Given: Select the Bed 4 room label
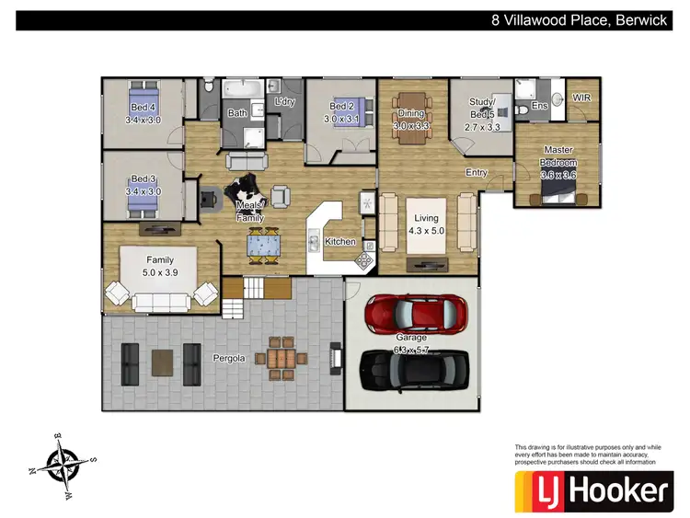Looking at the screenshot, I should point(143,114).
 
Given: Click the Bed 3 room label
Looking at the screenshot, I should point(143,185).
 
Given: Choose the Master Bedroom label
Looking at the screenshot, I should point(558,156).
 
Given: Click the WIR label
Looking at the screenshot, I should point(581,97).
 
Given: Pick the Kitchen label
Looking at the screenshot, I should point(339,242).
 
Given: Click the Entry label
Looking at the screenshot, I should point(476,172).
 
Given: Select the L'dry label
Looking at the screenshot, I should point(284,102).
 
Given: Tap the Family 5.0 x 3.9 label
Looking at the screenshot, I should point(161,267).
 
